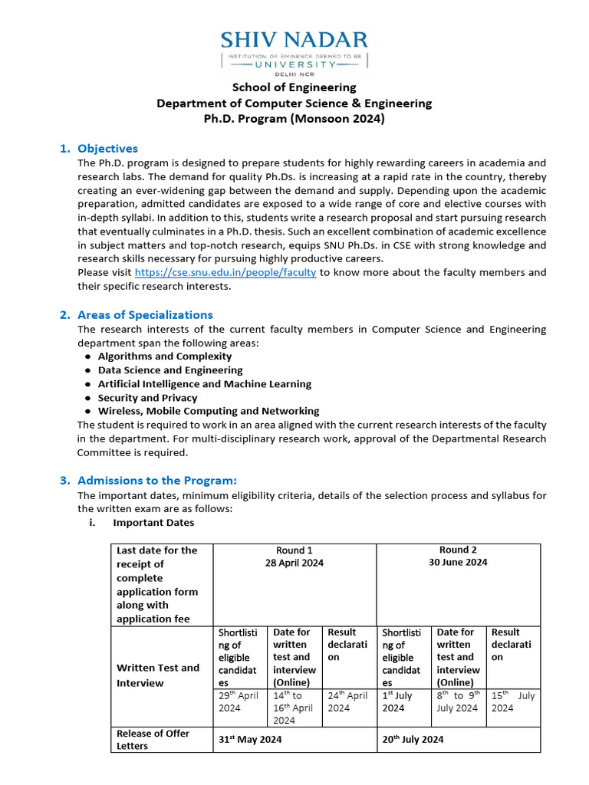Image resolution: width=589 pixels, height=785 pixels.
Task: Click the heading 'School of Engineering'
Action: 294,87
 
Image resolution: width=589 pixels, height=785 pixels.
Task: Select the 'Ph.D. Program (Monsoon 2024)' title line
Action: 294,119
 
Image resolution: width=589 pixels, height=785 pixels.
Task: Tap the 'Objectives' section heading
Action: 107,149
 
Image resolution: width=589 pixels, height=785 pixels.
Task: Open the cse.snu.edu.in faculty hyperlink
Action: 225,273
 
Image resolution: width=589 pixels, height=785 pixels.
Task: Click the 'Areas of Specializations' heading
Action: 145,315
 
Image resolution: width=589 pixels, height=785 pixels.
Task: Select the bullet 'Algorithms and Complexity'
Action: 164,356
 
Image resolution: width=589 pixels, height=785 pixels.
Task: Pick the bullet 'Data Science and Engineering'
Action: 169,370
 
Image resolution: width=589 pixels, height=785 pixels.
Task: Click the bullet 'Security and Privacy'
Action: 147,398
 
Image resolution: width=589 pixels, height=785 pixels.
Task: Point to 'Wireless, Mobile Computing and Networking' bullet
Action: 209,412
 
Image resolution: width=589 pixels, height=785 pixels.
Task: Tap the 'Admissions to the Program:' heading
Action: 157,481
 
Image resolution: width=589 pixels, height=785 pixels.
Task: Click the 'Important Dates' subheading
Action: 153,523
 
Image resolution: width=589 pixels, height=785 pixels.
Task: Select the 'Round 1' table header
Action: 294,550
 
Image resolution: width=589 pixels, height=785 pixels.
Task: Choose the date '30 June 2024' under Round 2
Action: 458,562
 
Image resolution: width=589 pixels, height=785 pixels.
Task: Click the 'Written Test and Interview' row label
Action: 157,675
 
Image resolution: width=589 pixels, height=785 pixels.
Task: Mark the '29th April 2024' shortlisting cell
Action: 239,702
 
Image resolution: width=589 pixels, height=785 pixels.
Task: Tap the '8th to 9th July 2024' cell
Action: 457,702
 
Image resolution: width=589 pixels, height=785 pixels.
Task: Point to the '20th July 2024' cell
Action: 413,740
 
